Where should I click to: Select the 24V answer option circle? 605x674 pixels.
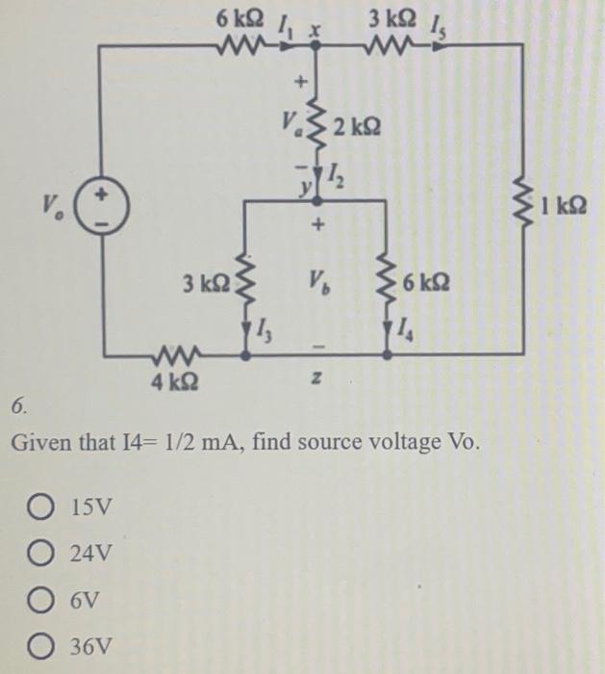[x=52, y=556]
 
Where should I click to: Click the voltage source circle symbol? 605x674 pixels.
[x=103, y=205]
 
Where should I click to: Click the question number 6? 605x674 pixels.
[x=18, y=407]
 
